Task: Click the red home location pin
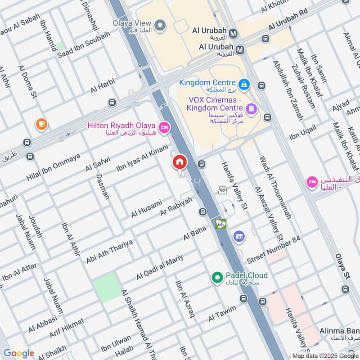(180, 162)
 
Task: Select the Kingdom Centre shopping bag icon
(243, 83)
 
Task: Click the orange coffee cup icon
(41, 124)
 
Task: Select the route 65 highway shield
(220, 223)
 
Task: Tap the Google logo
(18, 353)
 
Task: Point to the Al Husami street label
(146, 209)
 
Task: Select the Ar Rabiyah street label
(176, 205)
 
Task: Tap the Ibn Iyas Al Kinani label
(142, 158)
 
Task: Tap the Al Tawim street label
(222, 313)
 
